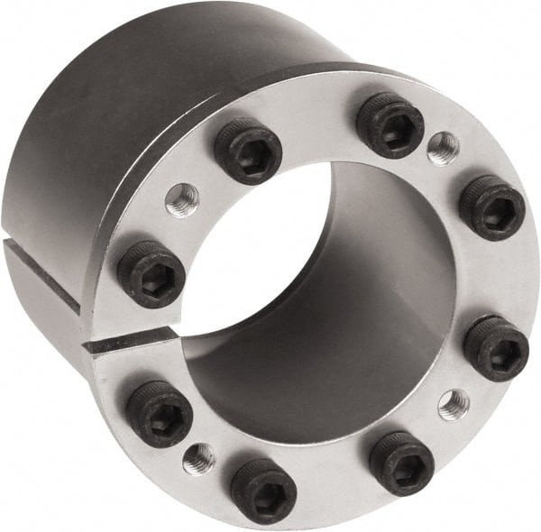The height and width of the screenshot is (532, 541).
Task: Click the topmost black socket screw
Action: [390, 124]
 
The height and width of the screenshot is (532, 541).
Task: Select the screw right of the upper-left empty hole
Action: [247, 151]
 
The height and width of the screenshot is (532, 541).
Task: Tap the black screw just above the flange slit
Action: [151, 273]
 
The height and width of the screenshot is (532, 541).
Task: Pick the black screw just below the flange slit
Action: [159, 413]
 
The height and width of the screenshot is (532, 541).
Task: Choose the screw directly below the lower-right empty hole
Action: [401, 463]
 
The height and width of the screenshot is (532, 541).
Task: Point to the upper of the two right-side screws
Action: [491, 208]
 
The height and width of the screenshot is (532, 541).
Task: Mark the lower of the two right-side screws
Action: [496, 348]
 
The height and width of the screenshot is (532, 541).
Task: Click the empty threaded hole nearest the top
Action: [443, 149]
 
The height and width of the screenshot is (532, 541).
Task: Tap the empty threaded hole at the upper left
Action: [182, 199]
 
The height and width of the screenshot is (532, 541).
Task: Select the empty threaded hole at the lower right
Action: [454, 403]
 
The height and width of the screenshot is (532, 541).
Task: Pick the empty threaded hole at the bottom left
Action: [199, 458]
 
